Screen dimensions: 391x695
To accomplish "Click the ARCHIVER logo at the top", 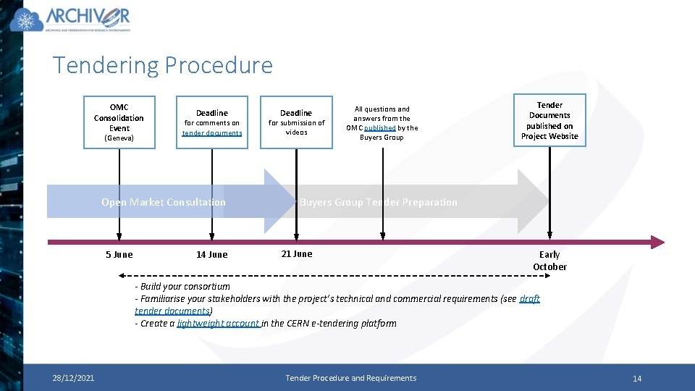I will tap(71, 20).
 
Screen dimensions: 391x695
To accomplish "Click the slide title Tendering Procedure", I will tap(163, 66).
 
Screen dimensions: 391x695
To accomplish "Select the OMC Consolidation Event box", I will tap(119, 122).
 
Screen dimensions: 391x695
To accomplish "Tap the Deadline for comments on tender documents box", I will tap(212, 122).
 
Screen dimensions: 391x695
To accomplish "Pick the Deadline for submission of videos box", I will tap(296, 122).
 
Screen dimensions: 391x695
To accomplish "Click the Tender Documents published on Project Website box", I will tap(549, 120).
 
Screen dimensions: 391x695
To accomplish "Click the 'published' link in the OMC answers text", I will tap(381, 128).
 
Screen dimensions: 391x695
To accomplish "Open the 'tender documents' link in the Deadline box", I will tap(212, 133).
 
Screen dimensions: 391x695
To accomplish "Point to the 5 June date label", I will tap(119, 255).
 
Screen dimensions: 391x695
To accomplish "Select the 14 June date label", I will tap(211, 255).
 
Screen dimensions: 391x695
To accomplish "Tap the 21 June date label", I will tap(296, 253).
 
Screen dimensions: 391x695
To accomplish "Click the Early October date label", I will tap(549, 261).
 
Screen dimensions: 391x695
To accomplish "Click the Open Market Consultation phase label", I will tap(164, 202).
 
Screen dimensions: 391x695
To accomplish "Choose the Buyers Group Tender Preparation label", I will tap(379, 202).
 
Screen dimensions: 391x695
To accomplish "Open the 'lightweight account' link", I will tap(218, 324).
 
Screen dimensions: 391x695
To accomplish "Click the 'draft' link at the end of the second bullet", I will tap(529, 299).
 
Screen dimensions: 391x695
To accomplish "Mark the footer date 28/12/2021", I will tap(72, 378).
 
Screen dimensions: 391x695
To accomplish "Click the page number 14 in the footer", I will tap(637, 379).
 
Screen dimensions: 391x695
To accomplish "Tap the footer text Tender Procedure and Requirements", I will tap(351, 378).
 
